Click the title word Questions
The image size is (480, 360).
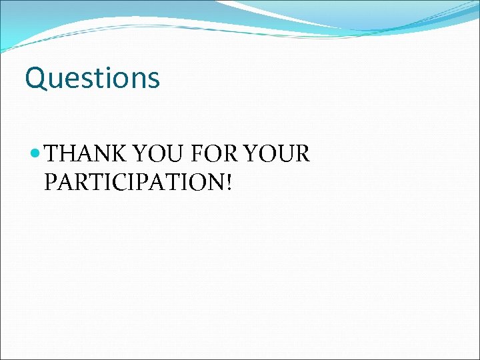(x=92, y=78)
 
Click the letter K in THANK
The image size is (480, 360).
(x=118, y=154)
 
